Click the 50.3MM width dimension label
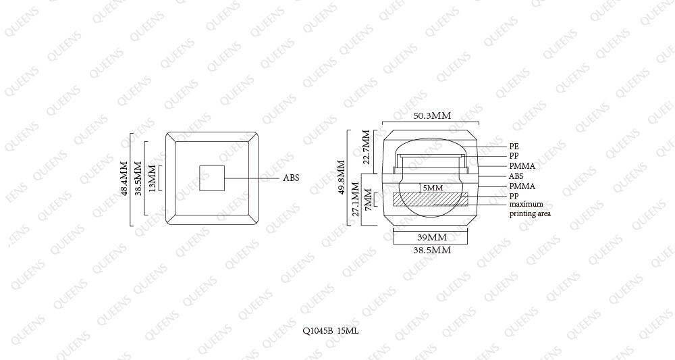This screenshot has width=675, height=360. coord(432,116)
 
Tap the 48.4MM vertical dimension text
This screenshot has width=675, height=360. coord(124,179)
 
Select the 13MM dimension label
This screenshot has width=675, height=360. coord(151,178)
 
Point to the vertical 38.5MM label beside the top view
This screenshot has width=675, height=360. coord(138,178)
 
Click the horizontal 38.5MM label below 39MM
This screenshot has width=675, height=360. coord(432,250)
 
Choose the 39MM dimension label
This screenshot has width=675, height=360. coord(432,237)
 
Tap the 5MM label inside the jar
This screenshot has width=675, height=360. coord(433,188)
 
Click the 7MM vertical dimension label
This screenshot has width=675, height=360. coord(368,199)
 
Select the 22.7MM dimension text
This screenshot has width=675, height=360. coord(367,147)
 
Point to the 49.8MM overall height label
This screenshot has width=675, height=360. coord(342,178)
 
